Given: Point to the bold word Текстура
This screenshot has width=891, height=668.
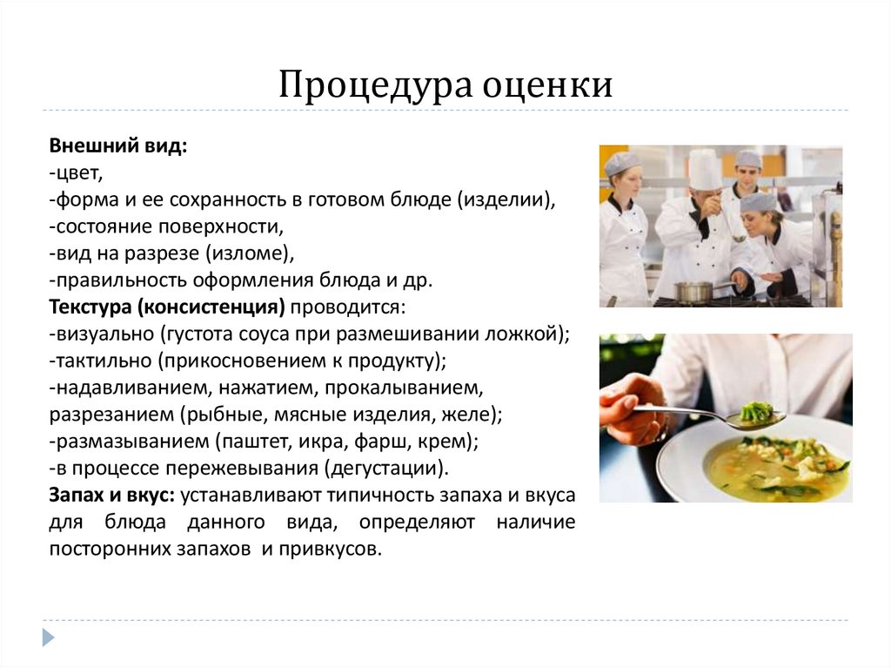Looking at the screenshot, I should (85, 307).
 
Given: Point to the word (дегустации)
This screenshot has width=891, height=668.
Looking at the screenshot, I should (387, 468).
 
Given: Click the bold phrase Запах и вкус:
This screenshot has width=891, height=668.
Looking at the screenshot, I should (112, 496).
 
